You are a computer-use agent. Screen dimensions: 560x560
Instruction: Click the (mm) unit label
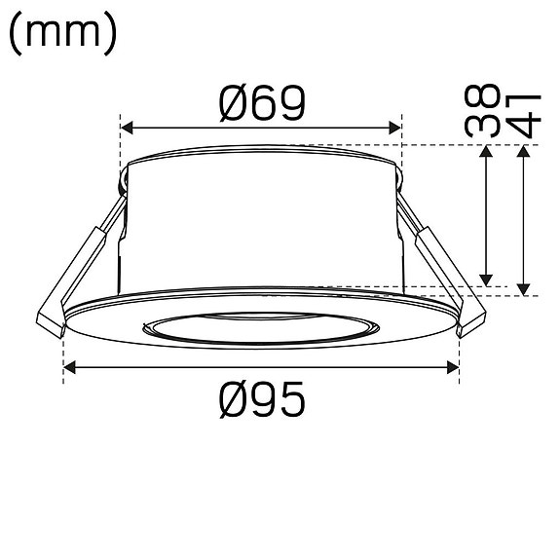(x=63, y=36)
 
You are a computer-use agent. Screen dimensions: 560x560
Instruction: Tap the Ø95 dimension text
(x=262, y=398)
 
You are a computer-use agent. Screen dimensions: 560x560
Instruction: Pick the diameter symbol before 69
(x=234, y=103)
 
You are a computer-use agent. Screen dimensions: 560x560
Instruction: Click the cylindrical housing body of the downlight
(x=261, y=219)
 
